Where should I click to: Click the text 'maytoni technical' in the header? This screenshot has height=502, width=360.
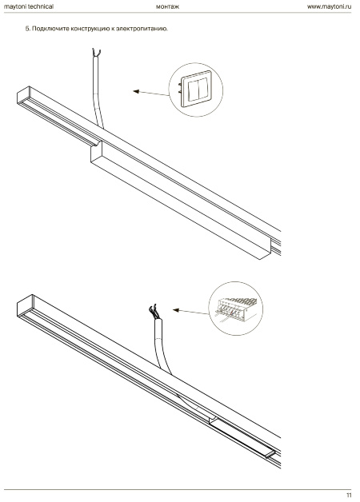point(29,6)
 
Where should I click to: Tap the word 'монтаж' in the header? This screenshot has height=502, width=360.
point(167,6)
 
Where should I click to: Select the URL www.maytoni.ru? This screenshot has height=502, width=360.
point(329,6)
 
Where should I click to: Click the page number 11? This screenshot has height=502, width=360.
point(349,495)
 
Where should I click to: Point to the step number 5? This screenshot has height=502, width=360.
point(27,29)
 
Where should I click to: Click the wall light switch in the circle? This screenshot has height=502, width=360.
point(196,89)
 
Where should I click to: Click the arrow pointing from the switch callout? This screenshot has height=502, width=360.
point(151,94)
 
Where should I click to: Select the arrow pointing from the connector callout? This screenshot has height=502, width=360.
point(190,312)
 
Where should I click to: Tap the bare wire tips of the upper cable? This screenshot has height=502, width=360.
point(96,53)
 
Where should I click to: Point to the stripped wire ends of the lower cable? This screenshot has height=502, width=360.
point(155,312)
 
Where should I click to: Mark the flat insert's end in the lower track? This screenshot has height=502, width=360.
point(270,455)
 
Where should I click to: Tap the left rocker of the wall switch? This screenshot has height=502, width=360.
point(193,90)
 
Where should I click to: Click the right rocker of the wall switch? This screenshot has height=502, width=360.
point(203,88)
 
